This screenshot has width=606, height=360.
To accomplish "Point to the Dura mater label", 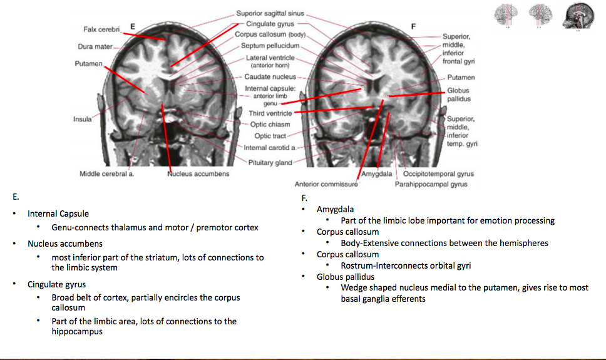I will [x=95, y=46].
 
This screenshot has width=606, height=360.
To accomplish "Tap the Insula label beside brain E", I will [x=82, y=118].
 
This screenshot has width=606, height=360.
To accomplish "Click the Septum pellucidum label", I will [x=270, y=46].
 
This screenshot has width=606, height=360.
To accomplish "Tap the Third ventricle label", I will [x=270, y=113].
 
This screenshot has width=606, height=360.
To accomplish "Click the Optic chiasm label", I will [x=270, y=124].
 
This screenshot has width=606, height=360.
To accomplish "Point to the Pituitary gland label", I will [x=270, y=163].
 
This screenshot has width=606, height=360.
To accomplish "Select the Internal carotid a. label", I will [x=270, y=148].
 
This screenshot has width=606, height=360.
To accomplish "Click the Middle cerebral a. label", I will [x=107, y=173].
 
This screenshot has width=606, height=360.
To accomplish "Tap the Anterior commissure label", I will [x=326, y=184].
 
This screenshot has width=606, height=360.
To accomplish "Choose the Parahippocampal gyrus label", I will [x=431, y=184].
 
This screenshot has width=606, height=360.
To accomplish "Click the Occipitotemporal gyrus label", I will [x=438, y=173].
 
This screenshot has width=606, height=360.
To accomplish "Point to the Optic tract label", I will [x=270, y=136].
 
